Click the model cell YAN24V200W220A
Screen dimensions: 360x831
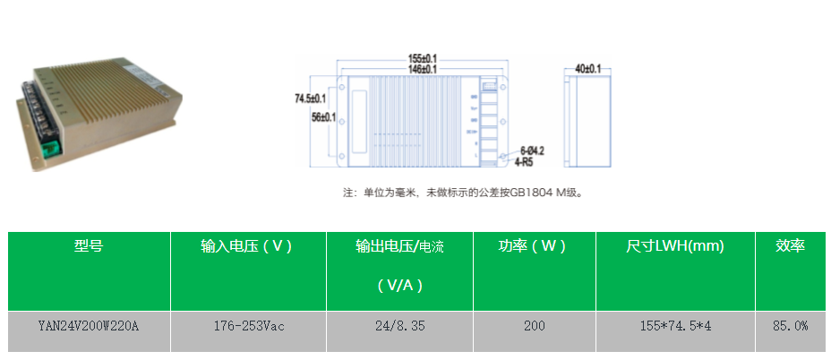[x=89, y=326]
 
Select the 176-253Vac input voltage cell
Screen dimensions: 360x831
[x=248, y=326]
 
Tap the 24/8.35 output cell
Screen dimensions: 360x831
[x=399, y=326]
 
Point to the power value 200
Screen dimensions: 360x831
[x=534, y=326]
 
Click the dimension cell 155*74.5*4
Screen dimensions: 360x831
[x=675, y=326]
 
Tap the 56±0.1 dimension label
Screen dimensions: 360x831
[x=323, y=116]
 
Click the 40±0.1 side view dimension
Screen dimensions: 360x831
[x=587, y=69]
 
